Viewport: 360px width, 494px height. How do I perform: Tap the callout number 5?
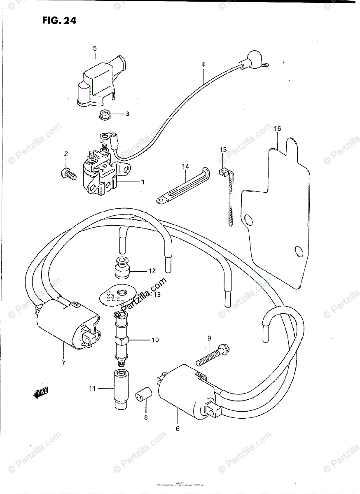[95, 49]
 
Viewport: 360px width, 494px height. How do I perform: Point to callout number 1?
[143, 182]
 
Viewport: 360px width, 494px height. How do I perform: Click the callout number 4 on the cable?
[203, 65]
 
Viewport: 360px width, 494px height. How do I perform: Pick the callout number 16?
[277, 129]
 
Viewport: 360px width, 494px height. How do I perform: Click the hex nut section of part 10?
[122, 340]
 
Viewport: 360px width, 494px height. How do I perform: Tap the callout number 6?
[178, 429]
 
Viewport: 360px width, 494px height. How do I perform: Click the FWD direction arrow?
[40, 393]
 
